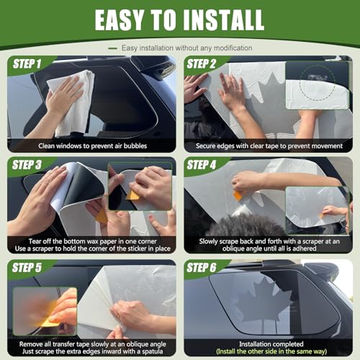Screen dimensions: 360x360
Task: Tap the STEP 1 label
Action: tap(27, 64)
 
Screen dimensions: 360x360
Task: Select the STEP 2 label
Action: tap(202, 64)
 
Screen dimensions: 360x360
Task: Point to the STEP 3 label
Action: tap(27, 165)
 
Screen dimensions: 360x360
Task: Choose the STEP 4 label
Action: tap(202, 165)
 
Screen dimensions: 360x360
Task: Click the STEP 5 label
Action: tap(27, 268)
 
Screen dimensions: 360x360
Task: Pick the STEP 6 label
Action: tap(202, 268)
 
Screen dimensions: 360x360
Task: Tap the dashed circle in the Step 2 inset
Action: tap(318, 83)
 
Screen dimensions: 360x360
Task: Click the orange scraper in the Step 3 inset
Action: tap(132, 195)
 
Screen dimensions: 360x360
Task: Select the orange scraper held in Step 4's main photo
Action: tap(238, 196)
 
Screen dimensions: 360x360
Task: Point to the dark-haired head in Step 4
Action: tap(246, 225)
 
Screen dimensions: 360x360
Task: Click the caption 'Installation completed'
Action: tap(271, 344)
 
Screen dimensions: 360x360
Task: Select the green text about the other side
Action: tap(271, 351)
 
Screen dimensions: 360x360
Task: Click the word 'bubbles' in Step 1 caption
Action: tap(135, 146)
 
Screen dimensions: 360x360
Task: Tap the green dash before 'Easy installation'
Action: tap(112, 48)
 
